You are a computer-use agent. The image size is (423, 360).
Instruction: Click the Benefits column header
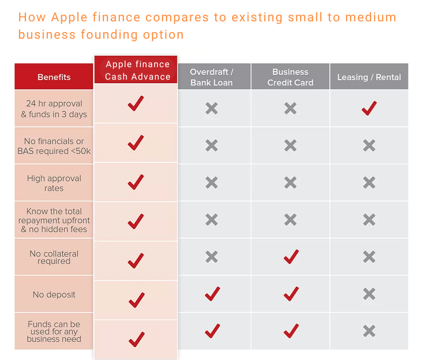tap(54, 77)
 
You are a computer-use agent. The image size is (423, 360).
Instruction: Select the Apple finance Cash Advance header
tap(137, 70)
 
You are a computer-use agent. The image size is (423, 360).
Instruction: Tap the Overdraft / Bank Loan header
tap(212, 77)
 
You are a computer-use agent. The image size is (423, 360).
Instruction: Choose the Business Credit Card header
tap(290, 77)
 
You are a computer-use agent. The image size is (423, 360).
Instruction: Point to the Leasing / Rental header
tap(369, 77)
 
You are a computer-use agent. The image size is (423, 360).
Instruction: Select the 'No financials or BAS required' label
tap(54, 146)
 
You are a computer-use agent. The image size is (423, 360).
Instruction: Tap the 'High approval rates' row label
tap(54, 183)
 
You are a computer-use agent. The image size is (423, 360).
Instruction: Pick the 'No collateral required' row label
tap(54, 258)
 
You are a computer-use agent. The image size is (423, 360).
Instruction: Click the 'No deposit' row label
tap(54, 295)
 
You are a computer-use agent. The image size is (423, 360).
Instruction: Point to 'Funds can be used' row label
tap(54, 332)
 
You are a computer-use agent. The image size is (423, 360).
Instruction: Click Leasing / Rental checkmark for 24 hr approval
tap(369, 108)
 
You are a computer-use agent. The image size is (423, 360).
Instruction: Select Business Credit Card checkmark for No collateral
tap(291, 257)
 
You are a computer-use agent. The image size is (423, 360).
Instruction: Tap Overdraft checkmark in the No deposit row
tap(212, 294)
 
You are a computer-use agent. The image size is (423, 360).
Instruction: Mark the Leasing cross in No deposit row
tap(369, 294)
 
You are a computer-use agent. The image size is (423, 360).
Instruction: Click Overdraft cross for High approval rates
tap(212, 182)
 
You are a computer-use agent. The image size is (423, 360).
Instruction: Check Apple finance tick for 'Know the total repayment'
tap(136, 221)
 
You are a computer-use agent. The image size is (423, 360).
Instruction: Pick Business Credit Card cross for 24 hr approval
tap(290, 108)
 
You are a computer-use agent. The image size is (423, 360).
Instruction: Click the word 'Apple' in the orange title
tap(69, 17)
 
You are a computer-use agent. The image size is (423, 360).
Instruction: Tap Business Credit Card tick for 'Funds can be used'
tap(291, 331)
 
